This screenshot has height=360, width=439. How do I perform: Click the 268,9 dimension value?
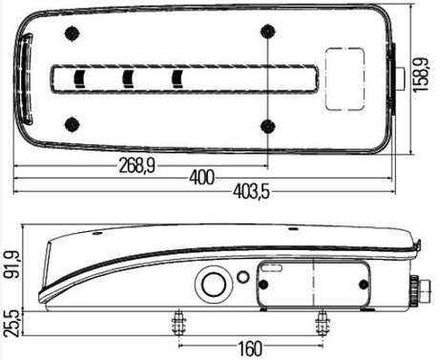click(x=137, y=166)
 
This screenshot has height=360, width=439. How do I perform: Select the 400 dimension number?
click(x=202, y=178)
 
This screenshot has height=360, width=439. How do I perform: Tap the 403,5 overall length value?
click(x=251, y=192)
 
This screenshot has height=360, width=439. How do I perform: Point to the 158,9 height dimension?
click(x=421, y=74)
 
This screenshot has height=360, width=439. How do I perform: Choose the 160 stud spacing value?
click(x=250, y=349)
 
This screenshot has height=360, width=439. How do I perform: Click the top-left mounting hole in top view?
click(x=73, y=33)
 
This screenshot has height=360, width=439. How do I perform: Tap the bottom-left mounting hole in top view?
click(x=73, y=124)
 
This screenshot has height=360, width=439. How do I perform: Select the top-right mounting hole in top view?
click(x=268, y=32)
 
